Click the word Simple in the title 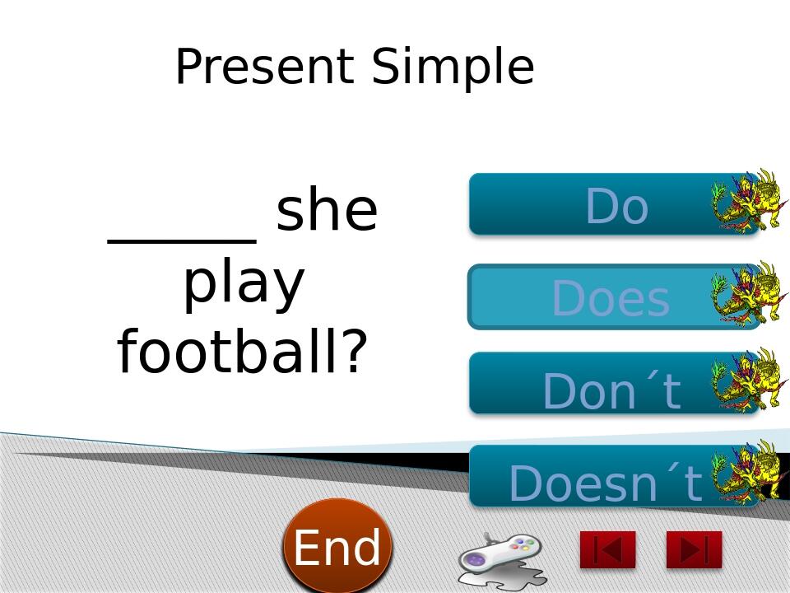coord(453,67)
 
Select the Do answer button coord(592,204)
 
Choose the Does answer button coord(592,297)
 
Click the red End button coord(337,546)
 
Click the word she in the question coord(327,211)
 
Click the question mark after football coord(352,352)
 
